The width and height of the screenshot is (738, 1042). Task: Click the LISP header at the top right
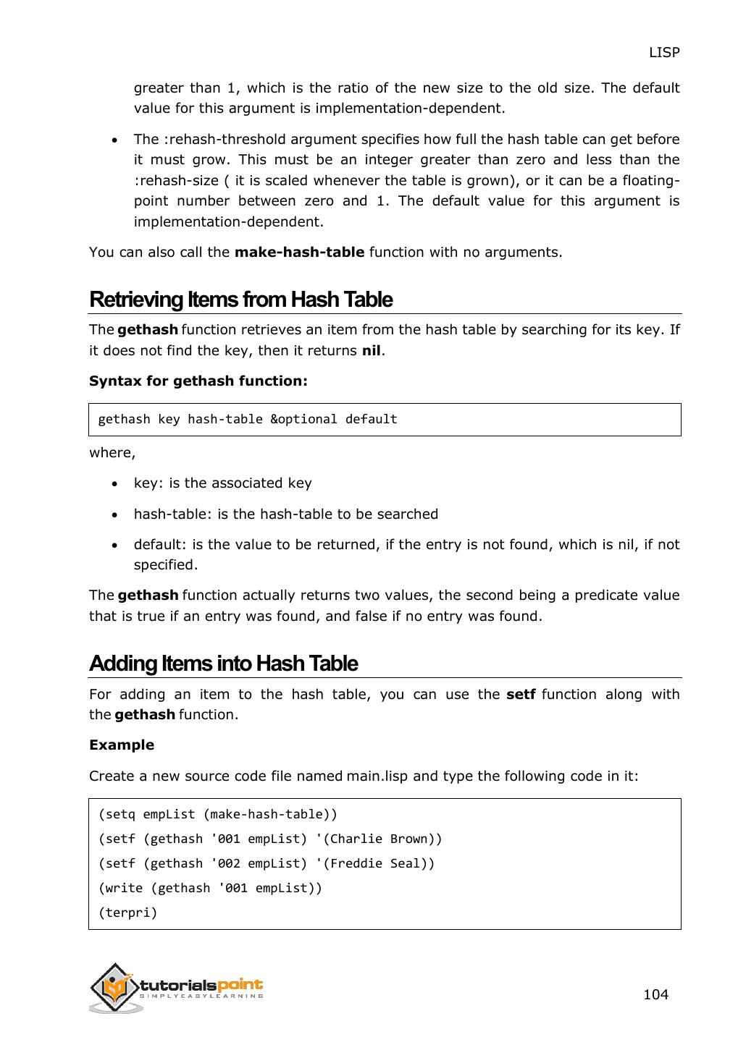663,52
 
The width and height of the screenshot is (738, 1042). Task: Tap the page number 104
655,994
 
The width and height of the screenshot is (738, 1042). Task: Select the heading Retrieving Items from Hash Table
240,300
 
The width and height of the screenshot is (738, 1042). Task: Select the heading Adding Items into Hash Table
223,664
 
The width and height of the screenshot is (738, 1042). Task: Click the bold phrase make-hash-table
299,252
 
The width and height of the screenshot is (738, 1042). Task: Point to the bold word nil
371,350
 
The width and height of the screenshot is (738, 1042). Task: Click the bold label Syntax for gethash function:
198,381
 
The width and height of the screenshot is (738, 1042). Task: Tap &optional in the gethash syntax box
303,419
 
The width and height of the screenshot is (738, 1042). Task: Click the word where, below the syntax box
112,452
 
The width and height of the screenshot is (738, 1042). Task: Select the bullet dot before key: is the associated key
115,483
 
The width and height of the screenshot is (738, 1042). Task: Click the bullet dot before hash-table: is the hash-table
115,514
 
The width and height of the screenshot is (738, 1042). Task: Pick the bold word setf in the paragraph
521,694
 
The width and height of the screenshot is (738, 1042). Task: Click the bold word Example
122,745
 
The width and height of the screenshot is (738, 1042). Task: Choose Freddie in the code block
356,863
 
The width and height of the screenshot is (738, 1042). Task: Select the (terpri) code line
127,912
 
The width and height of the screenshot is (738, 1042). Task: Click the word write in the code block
124,888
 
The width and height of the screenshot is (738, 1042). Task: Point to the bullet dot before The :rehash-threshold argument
115,140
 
